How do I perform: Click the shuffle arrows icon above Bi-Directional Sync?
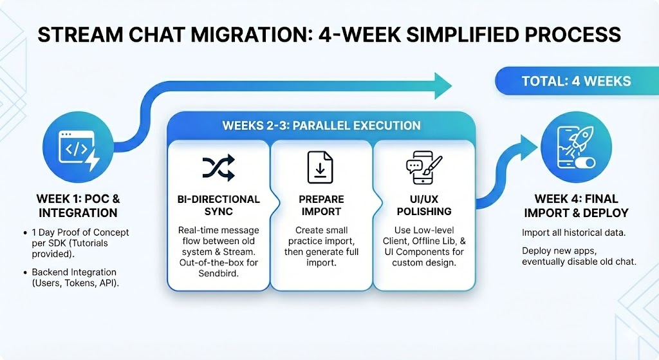tap(218, 168)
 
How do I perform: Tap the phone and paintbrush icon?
tap(423, 167)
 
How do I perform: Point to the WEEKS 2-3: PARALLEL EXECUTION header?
tap(321, 125)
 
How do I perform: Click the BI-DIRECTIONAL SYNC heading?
tap(218, 205)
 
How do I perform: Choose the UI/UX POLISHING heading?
tap(423, 205)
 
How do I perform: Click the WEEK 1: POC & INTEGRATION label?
tap(78, 205)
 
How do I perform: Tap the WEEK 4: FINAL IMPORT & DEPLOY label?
tap(576, 205)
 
